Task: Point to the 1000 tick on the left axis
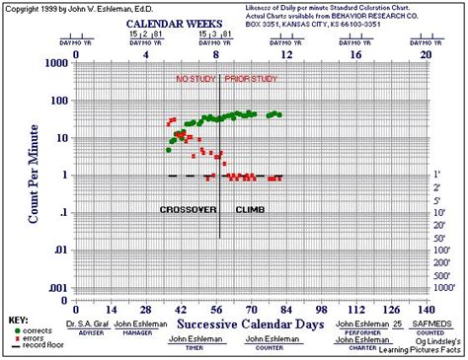[56, 63]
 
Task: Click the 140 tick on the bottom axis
[426, 309]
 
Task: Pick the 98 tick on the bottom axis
[321, 309]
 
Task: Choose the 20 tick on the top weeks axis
[426, 56]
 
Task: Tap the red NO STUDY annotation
[194, 78]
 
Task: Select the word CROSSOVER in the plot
[188, 211]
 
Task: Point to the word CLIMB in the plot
[249, 211]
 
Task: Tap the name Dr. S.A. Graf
[86, 324]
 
